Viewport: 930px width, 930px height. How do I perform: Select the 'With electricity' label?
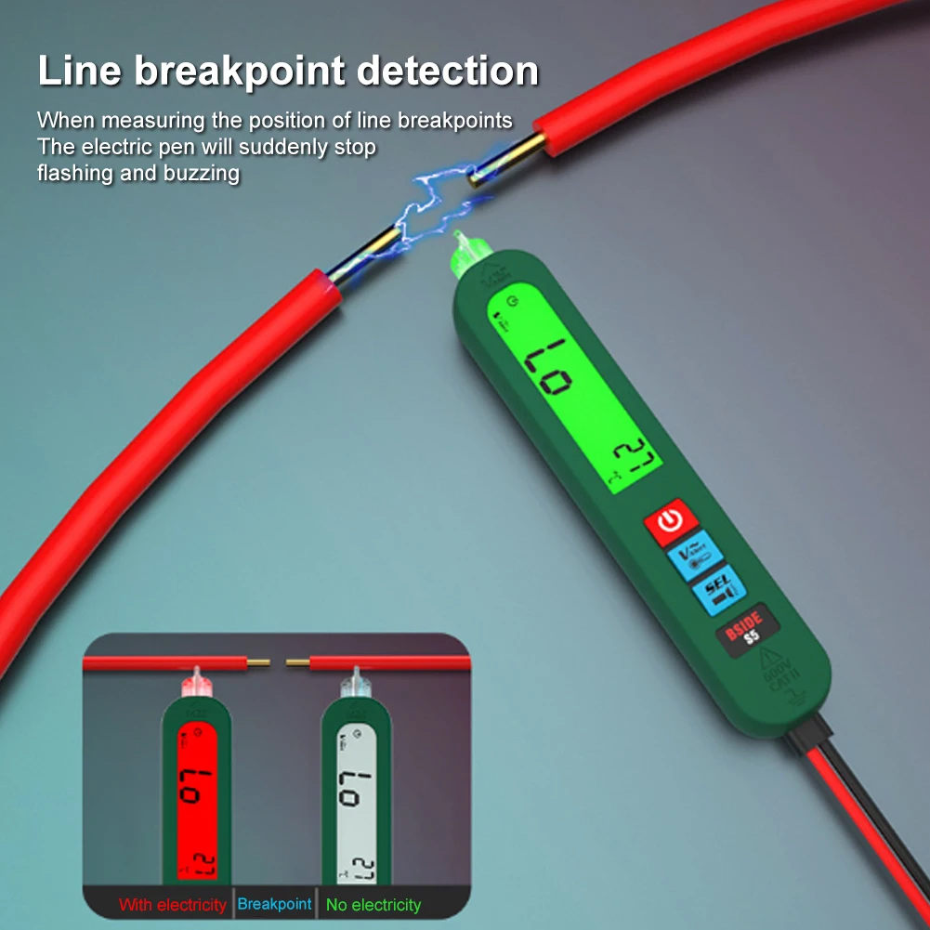click(x=173, y=904)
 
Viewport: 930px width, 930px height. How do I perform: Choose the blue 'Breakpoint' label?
click(x=274, y=904)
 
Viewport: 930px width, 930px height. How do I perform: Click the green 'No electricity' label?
click(x=373, y=904)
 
